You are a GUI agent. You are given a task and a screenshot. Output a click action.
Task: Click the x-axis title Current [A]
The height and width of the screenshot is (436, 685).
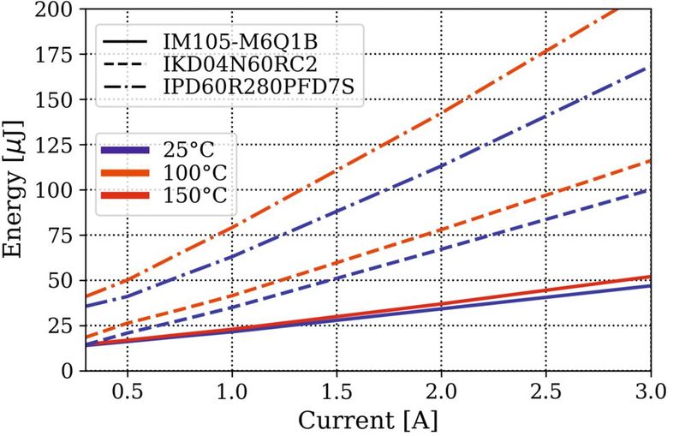368,420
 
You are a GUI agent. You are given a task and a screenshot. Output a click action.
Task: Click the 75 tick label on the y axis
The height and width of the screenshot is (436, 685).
63,235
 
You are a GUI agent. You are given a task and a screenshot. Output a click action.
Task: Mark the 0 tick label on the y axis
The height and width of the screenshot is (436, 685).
68,370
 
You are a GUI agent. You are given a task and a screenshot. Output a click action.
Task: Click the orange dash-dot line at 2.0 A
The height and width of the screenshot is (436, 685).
442,112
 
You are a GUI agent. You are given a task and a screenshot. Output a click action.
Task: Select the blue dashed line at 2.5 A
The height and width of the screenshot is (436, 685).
546,219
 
